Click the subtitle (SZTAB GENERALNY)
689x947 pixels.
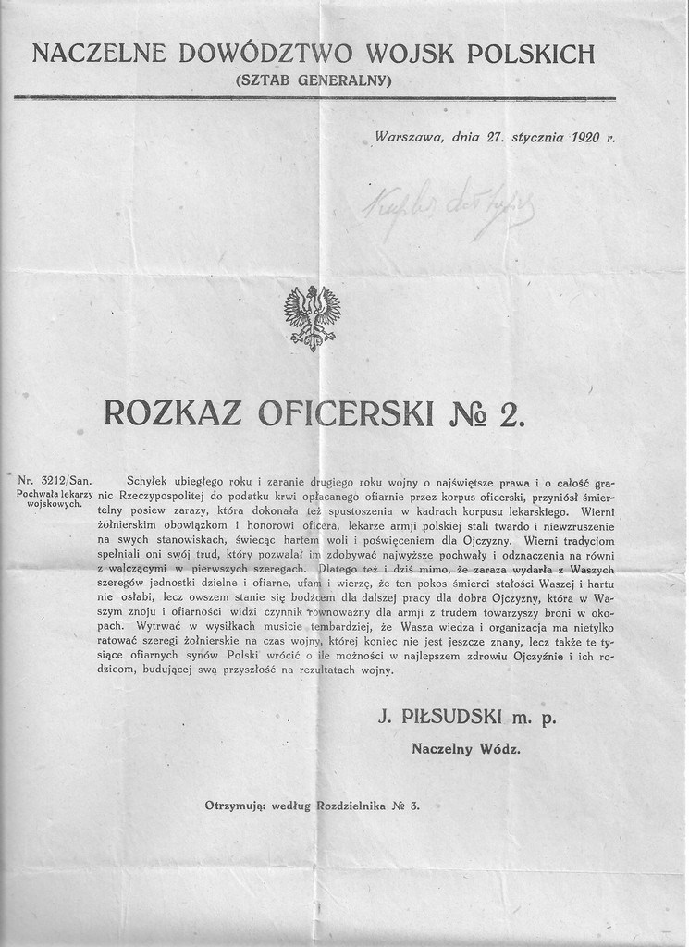coord(314,80)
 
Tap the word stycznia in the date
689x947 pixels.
coord(536,138)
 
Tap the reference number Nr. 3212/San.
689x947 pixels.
coord(55,481)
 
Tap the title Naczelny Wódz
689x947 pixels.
coord(465,749)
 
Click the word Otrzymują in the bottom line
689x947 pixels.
coord(235,806)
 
